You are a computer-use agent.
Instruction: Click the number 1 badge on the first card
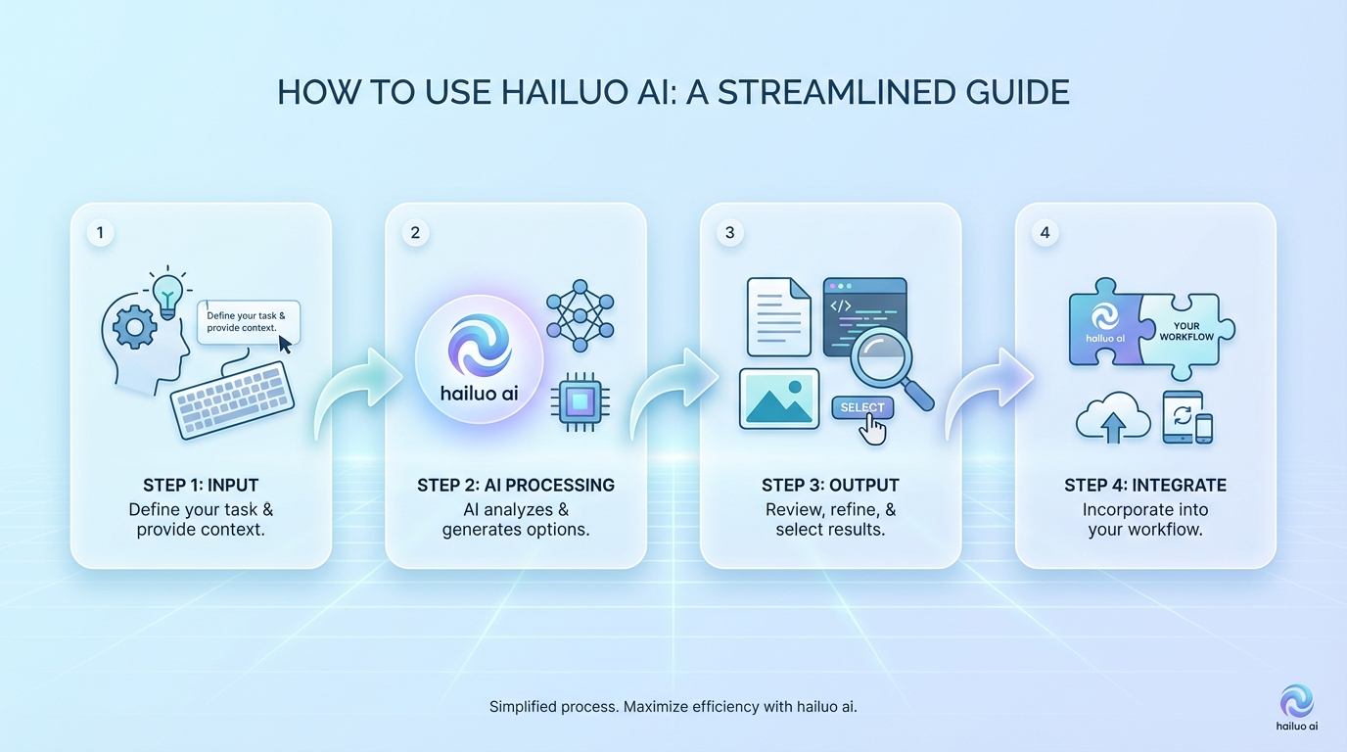click(100, 232)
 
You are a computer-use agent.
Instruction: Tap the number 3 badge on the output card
click(730, 232)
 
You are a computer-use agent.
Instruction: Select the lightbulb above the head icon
click(167, 294)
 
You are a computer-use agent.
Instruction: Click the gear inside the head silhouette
click(135, 327)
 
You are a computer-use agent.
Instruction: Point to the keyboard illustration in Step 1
click(233, 399)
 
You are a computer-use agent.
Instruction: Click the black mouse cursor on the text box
click(285, 345)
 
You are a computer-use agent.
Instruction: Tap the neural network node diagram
click(580, 315)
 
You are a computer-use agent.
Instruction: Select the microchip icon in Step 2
click(580, 401)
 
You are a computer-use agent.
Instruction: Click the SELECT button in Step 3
click(862, 407)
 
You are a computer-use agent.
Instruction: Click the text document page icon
click(779, 317)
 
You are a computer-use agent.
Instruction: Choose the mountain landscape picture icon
click(779, 399)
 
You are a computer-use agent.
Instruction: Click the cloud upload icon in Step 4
click(1113, 417)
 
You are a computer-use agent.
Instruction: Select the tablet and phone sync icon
click(1187, 417)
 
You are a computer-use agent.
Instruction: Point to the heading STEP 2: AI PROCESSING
click(516, 485)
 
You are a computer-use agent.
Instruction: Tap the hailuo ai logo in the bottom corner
click(1296, 708)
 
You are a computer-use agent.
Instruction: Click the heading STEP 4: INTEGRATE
click(1145, 485)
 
